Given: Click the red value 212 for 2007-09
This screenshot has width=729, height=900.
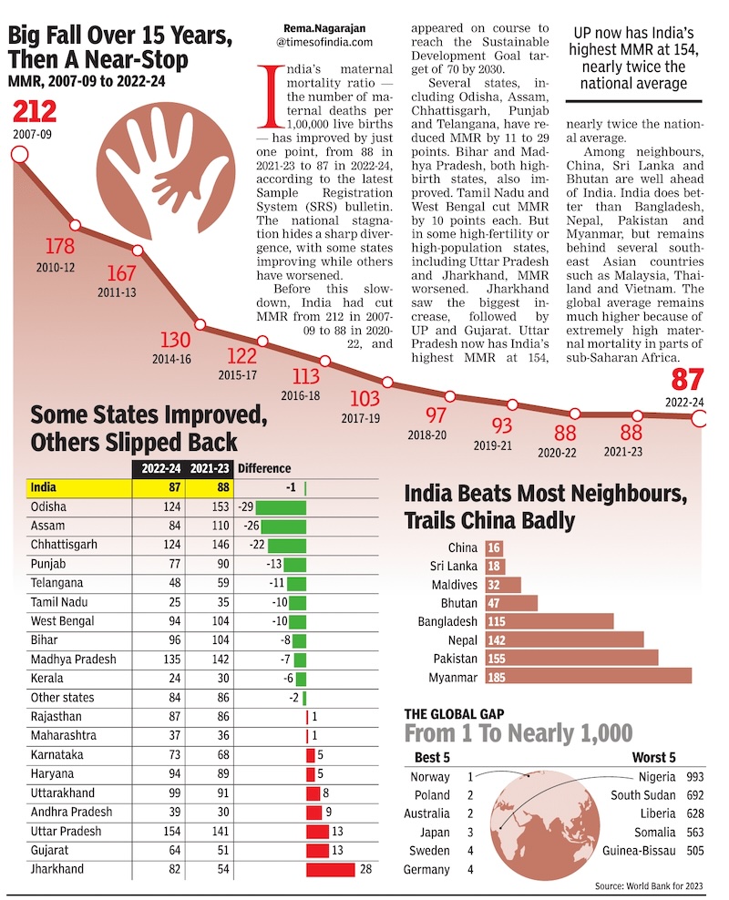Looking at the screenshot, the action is [x=35, y=112].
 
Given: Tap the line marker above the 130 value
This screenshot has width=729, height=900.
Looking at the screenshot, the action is [x=200, y=325].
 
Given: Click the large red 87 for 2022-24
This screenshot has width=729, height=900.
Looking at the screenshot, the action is [x=687, y=380].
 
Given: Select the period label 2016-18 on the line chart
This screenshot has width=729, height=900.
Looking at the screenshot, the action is [x=300, y=395].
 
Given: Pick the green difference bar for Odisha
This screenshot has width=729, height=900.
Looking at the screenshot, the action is [x=281, y=507].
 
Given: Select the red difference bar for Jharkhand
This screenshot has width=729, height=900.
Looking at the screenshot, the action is [x=330, y=869].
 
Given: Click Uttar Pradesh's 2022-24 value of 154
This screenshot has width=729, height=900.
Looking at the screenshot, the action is [x=171, y=831].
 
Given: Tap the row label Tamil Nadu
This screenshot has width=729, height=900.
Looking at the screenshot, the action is [x=59, y=602].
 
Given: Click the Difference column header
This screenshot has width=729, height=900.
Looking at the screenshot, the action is [x=264, y=468].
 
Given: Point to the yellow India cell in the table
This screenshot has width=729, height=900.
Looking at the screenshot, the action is [x=79, y=488].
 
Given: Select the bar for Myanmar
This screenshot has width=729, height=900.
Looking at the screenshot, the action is [x=589, y=677].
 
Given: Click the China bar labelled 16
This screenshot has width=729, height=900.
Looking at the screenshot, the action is [x=494, y=547].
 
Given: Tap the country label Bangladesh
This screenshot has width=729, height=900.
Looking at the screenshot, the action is [x=447, y=621].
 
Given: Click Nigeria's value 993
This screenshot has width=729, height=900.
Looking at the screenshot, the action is [x=695, y=777].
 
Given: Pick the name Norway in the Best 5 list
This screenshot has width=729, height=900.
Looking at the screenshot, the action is [x=430, y=777].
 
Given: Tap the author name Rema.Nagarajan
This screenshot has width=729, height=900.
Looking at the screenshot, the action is [x=324, y=28].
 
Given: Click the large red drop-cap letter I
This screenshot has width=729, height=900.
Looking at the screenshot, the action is [x=270, y=96].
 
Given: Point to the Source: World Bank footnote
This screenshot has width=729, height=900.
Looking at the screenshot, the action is [x=649, y=885].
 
